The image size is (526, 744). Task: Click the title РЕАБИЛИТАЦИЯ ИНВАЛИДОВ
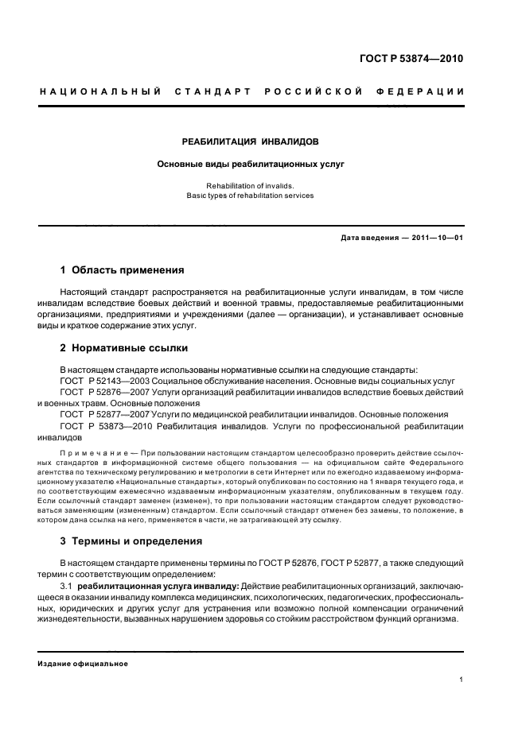click(x=251, y=141)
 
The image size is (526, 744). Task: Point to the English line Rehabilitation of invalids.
click(x=251, y=187)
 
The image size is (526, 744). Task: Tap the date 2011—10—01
click(x=438, y=238)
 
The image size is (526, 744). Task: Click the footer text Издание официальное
click(x=83, y=664)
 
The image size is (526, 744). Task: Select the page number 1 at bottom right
click(x=462, y=680)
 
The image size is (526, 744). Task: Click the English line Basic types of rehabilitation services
click(x=251, y=196)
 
